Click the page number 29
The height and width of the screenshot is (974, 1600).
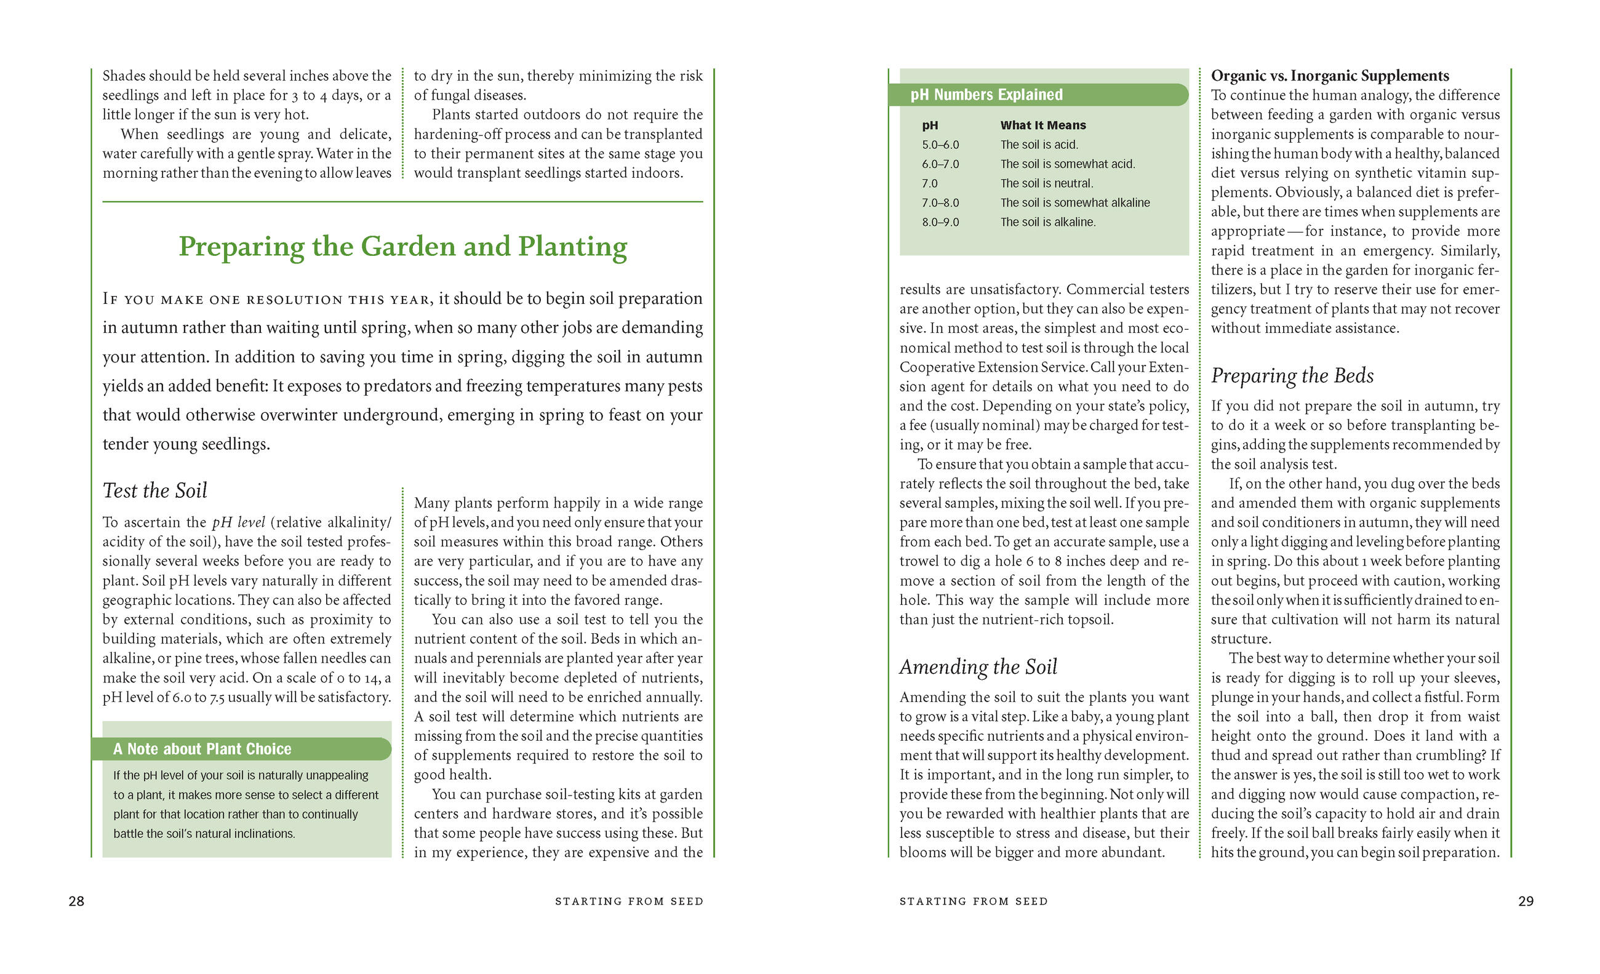click(x=1526, y=901)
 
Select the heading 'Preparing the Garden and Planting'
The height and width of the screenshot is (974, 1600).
click(x=402, y=247)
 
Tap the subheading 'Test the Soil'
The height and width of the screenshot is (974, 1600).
click(x=154, y=490)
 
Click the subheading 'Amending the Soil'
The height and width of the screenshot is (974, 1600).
click(x=978, y=667)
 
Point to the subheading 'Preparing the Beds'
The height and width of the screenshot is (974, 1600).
click(x=1292, y=375)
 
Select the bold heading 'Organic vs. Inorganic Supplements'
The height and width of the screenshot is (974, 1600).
click(x=1330, y=76)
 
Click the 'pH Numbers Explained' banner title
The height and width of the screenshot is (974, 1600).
click(x=986, y=95)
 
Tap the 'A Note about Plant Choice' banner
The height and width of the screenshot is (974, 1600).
click(x=202, y=749)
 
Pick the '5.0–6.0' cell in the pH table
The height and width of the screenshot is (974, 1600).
click(x=940, y=145)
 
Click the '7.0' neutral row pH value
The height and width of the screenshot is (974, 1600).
click(x=929, y=184)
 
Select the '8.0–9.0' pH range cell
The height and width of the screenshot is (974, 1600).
click(x=940, y=222)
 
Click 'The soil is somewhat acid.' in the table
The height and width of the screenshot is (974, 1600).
click(x=1067, y=164)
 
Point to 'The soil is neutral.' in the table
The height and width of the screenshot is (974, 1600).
click(x=1046, y=184)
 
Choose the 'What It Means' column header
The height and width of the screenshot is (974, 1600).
click(x=1042, y=126)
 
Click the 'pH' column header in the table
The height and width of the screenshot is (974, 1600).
click(x=929, y=126)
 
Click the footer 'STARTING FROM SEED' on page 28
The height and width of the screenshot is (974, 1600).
click(x=628, y=901)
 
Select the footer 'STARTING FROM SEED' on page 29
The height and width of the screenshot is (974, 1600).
click(x=973, y=901)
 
